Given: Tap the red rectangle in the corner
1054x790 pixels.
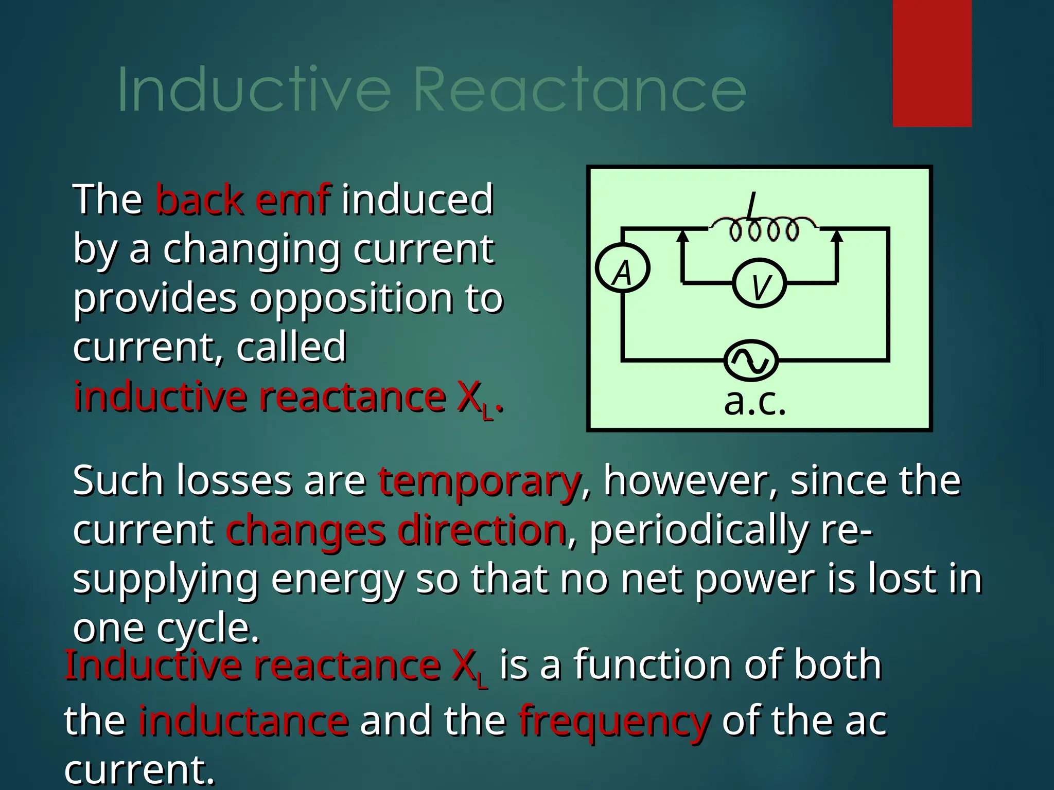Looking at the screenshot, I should coord(932,63).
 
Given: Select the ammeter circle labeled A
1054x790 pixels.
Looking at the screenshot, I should coord(623,270).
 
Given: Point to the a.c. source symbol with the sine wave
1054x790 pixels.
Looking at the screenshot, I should coord(751,361).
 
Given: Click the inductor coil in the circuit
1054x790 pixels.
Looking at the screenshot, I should coord(764,230).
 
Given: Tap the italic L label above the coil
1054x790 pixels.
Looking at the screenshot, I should coord(752,207).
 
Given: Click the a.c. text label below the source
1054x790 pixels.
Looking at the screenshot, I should coord(755,403).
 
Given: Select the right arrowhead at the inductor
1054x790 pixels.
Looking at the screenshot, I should coord(837,236).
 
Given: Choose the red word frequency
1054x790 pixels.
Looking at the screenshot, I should coord(614,721).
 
